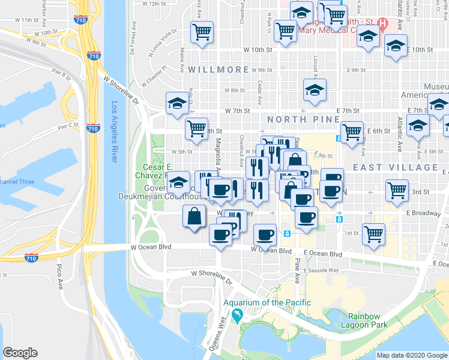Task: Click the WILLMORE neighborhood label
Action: (x=218, y=70)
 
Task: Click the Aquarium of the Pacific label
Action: (x=267, y=302)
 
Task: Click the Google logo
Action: (x=20, y=353)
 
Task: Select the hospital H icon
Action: (x=381, y=25)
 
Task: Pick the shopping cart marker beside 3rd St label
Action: (x=397, y=190)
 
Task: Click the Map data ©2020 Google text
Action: (x=411, y=355)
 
